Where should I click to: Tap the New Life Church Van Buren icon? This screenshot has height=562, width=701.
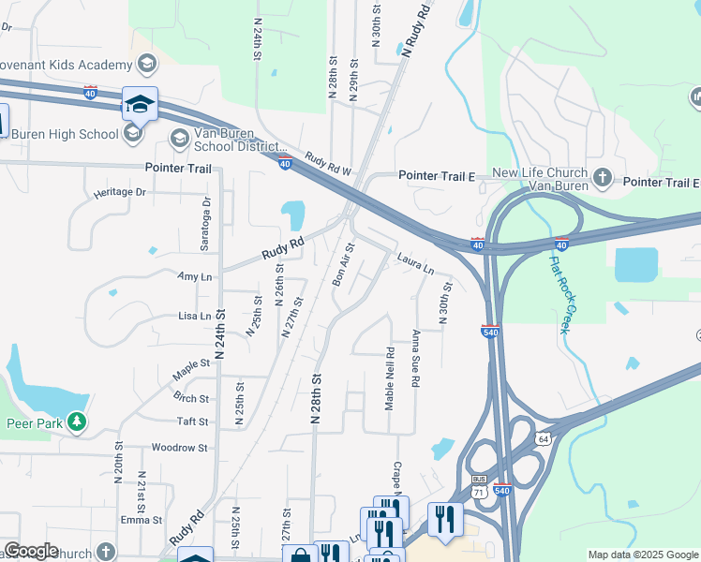coord(602,176)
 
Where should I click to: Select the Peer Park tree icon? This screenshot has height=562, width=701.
coord(77,423)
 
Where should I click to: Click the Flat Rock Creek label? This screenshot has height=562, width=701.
coord(565,290)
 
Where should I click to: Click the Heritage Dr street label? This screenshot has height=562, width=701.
coord(121,192)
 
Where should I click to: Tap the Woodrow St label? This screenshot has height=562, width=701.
coord(179,448)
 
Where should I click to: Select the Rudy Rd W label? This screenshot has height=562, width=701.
coord(326,165)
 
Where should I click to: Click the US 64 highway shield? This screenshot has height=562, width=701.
coord(543,438)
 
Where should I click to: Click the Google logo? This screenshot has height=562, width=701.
coord(31,551)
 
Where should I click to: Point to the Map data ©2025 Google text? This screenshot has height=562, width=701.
coord(642,555)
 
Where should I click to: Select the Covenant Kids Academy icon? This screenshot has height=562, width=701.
coord(145,64)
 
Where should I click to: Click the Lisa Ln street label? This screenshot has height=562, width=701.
coord(194,317)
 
